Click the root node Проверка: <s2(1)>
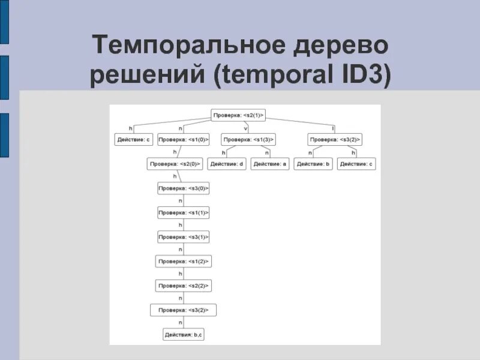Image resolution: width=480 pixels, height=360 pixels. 238,114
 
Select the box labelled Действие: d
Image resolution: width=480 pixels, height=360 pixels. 227,164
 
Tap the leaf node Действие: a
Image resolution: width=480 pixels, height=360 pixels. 269,164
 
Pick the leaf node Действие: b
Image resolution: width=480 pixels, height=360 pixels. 313,164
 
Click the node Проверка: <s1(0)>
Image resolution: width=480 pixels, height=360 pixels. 183,139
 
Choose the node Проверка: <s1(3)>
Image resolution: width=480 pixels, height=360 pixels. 248,139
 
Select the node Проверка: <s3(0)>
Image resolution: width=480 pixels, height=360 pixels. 183,188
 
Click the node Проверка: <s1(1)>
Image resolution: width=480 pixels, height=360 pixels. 183,213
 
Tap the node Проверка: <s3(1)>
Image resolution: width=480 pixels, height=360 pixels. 183,237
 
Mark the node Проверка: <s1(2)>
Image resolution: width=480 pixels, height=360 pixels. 183,262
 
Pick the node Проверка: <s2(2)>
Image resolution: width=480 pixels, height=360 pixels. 183,286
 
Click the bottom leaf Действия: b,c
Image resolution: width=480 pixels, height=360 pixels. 183,335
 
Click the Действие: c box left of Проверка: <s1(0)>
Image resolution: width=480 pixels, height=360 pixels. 133,139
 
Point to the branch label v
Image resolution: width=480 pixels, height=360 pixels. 245,127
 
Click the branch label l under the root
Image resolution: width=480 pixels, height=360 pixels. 333,127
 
